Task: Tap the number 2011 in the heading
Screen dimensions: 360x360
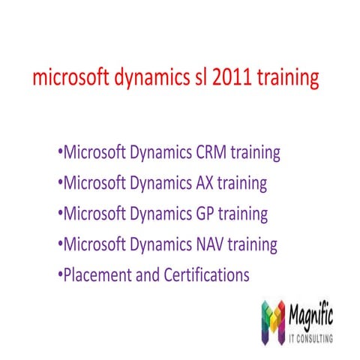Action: point(235,78)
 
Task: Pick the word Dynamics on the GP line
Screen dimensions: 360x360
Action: point(157,214)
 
